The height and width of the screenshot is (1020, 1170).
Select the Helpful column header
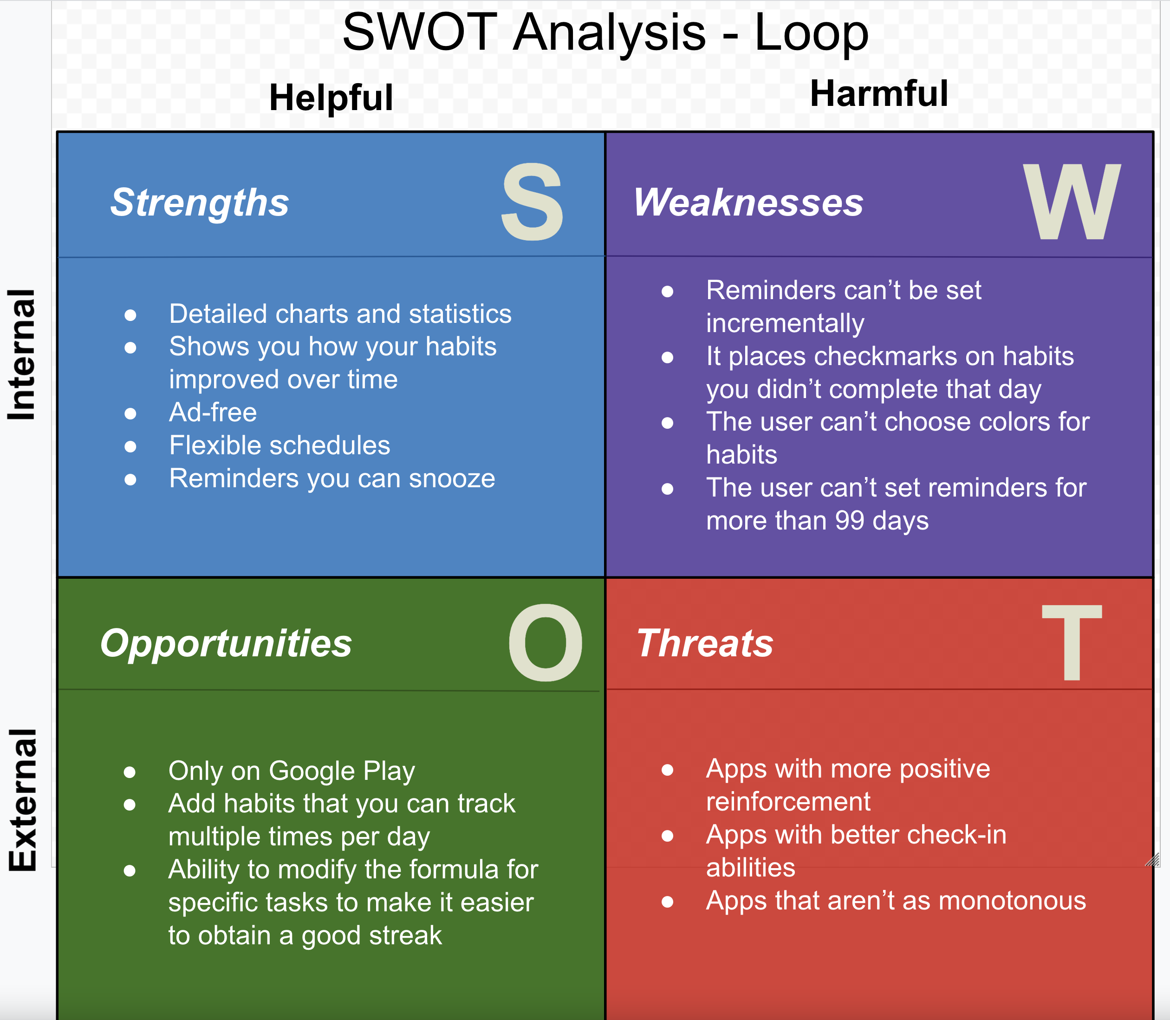pos(331,98)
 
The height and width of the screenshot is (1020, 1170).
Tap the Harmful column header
pos(878,93)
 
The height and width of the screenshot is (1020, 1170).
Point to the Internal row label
pos(22,354)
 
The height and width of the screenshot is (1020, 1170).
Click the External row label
pos(23,800)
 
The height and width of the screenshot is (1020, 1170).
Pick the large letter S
pos(532,202)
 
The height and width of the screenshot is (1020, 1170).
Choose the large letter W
pos(1072,202)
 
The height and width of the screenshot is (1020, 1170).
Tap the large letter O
pos(545,643)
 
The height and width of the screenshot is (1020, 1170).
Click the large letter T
pos(1072,643)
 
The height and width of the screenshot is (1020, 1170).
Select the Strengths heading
pos(200,203)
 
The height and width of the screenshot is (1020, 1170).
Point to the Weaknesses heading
pos(748,203)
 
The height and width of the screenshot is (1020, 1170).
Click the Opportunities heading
pos(226,643)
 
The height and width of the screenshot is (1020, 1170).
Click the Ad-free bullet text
pos(213,412)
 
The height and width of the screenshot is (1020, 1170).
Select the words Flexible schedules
pos(279,445)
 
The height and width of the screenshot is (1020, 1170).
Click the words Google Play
pos(341,771)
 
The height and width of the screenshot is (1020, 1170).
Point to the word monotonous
pos(1012,901)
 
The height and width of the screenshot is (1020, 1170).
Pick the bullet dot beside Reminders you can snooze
pos(130,479)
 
